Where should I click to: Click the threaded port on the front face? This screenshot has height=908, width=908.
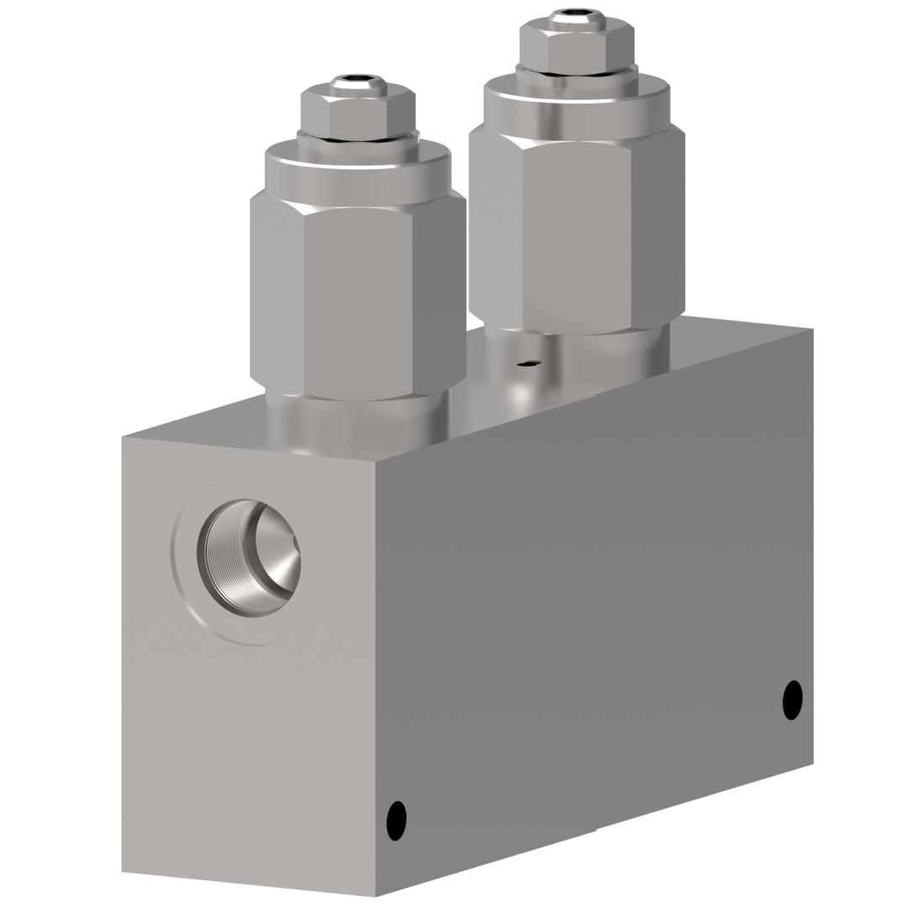(x=249, y=557)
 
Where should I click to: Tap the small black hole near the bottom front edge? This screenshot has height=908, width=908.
(x=396, y=820)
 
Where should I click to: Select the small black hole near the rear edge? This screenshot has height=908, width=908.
(x=792, y=699)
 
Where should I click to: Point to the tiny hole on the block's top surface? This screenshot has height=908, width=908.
(x=528, y=363)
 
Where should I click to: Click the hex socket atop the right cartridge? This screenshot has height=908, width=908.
(x=577, y=14)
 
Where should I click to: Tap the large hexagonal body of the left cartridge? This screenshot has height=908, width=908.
(x=358, y=298)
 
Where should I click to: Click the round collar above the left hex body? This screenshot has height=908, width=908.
(x=358, y=175)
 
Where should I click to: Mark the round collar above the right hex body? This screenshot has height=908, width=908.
(x=577, y=105)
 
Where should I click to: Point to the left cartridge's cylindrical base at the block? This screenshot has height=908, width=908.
(x=356, y=420)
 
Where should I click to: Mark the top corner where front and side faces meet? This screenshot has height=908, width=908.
(x=375, y=461)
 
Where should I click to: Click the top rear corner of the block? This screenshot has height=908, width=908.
(x=812, y=329)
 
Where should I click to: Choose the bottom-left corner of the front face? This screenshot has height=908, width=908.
(x=123, y=871)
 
